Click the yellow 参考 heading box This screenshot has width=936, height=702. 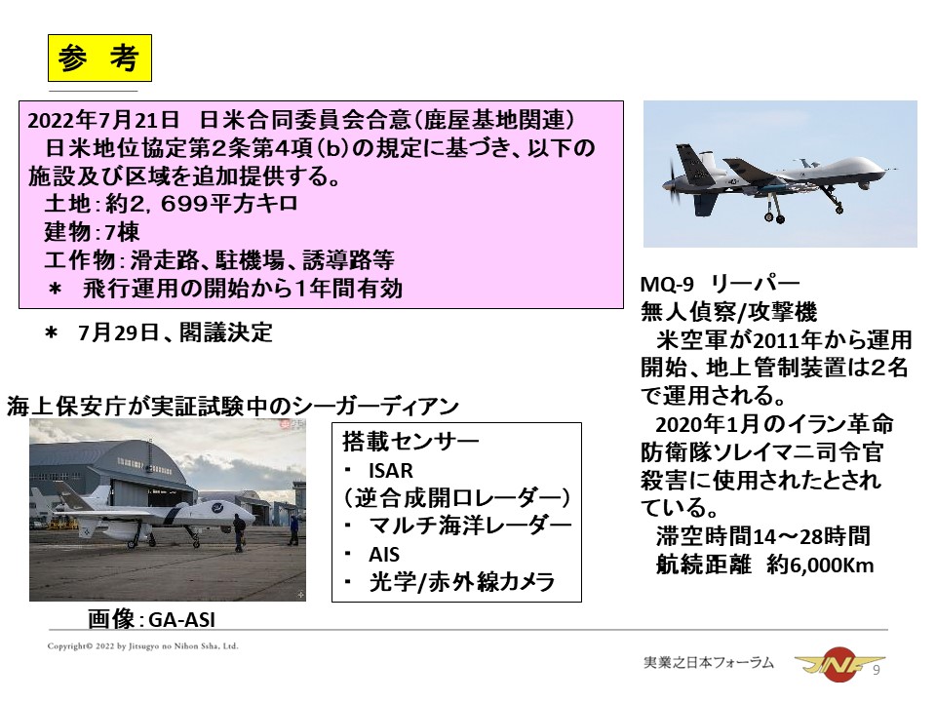click(x=99, y=58)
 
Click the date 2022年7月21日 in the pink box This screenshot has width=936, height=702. click(x=103, y=120)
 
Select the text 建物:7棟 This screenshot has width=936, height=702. click(x=92, y=232)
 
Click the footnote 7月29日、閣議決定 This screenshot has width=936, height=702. click(x=175, y=332)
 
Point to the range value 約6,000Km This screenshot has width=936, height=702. click(x=820, y=565)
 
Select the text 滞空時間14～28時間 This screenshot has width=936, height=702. click(x=762, y=536)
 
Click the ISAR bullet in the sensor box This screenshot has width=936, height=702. click(x=391, y=470)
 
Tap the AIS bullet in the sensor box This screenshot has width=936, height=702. click(x=384, y=555)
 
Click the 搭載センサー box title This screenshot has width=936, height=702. click(x=410, y=442)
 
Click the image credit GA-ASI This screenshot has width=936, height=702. click(x=181, y=620)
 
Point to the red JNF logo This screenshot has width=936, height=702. click(x=837, y=664)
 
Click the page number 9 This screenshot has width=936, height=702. click(x=877, y=671)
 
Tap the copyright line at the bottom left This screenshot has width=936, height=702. click(x=142, y=646)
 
